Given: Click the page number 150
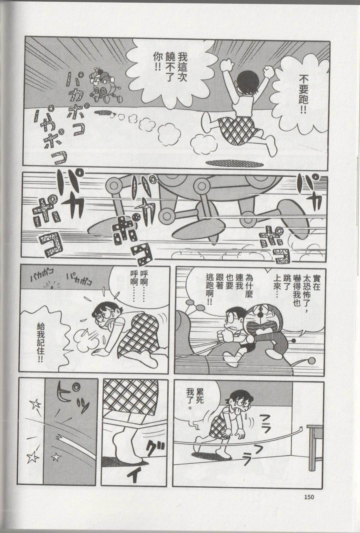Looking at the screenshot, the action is pos(309,497).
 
